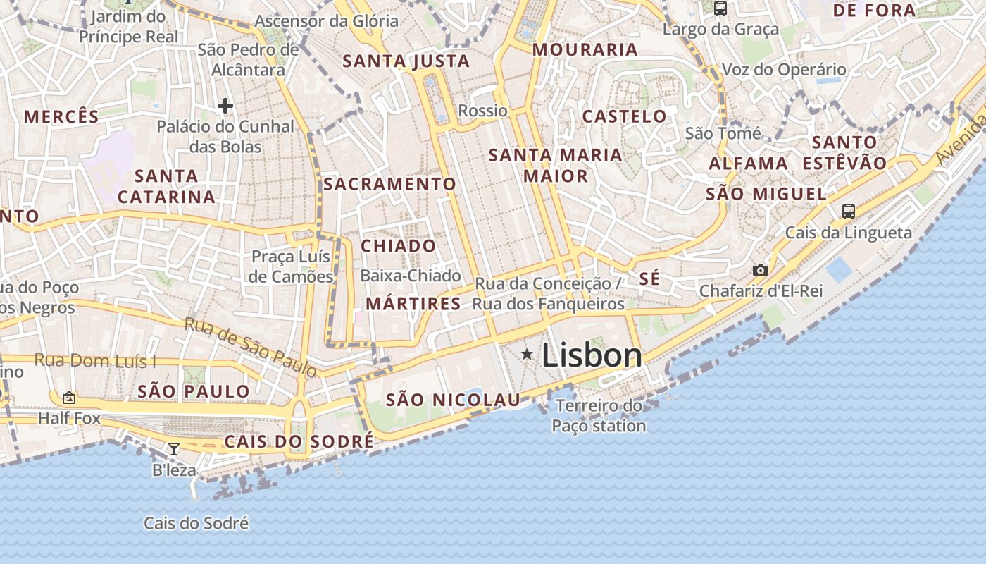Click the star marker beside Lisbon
click(x=527, y=354)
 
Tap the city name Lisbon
click(x=592, y=355)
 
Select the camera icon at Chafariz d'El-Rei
click(x=760, y=270)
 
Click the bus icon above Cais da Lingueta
click(x=849, y=211)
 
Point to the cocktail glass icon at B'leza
click(x=173, y=448)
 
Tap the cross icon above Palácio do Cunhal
click(x=225, y=106)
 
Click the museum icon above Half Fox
click(x=68, y=398)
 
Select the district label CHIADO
click(x=399, y=246)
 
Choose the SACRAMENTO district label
click(x=389, y=185)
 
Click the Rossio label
click(x=482, y=111)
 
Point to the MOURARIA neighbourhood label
click(x=585, y=49)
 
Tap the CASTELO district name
click(x=624, y=116)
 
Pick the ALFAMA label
click(x=748, y=164)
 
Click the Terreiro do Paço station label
click(x=599, y=416)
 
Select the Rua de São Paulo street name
click(x=251, y=347)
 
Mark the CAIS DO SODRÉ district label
click(x=299, y=442)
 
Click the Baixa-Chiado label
click(x=411, y=276)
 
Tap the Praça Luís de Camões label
click(x=292, y=266)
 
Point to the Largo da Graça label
click(x=720, y=30)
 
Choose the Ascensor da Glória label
click(x=326, y=21)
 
